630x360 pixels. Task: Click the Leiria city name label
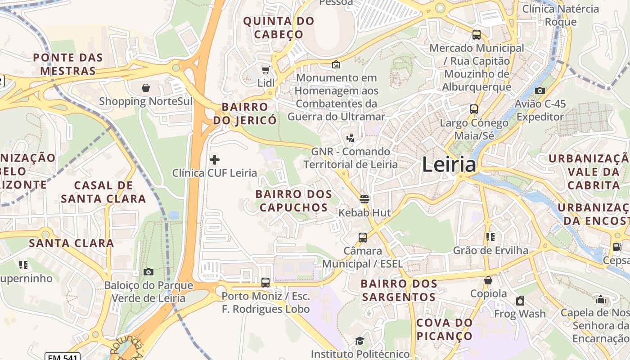point(449,165)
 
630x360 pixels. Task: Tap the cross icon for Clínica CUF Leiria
point(215,159)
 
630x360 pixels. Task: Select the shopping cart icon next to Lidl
point(265,70)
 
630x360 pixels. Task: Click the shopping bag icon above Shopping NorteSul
point(145,87)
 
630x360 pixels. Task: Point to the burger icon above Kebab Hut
point(364,199)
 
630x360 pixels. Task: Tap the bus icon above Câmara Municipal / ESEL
point(362,237)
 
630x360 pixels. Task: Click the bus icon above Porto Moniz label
point(265,282)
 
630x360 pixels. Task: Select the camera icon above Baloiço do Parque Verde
point(148,272)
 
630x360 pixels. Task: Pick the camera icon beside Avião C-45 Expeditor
point(540,90)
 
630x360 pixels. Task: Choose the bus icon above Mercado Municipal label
point(476,34)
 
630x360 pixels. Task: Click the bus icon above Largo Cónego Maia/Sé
point(473,109)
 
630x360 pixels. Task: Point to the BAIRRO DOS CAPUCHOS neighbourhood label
point(293,201)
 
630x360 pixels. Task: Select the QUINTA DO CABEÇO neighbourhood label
point(279,27)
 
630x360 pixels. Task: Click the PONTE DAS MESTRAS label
point(68,64)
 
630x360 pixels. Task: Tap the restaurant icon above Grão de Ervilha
point(490,237)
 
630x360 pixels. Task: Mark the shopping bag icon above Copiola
point(488,280)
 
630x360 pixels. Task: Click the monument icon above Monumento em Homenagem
point(336,64)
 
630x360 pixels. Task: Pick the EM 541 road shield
point(62,357)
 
